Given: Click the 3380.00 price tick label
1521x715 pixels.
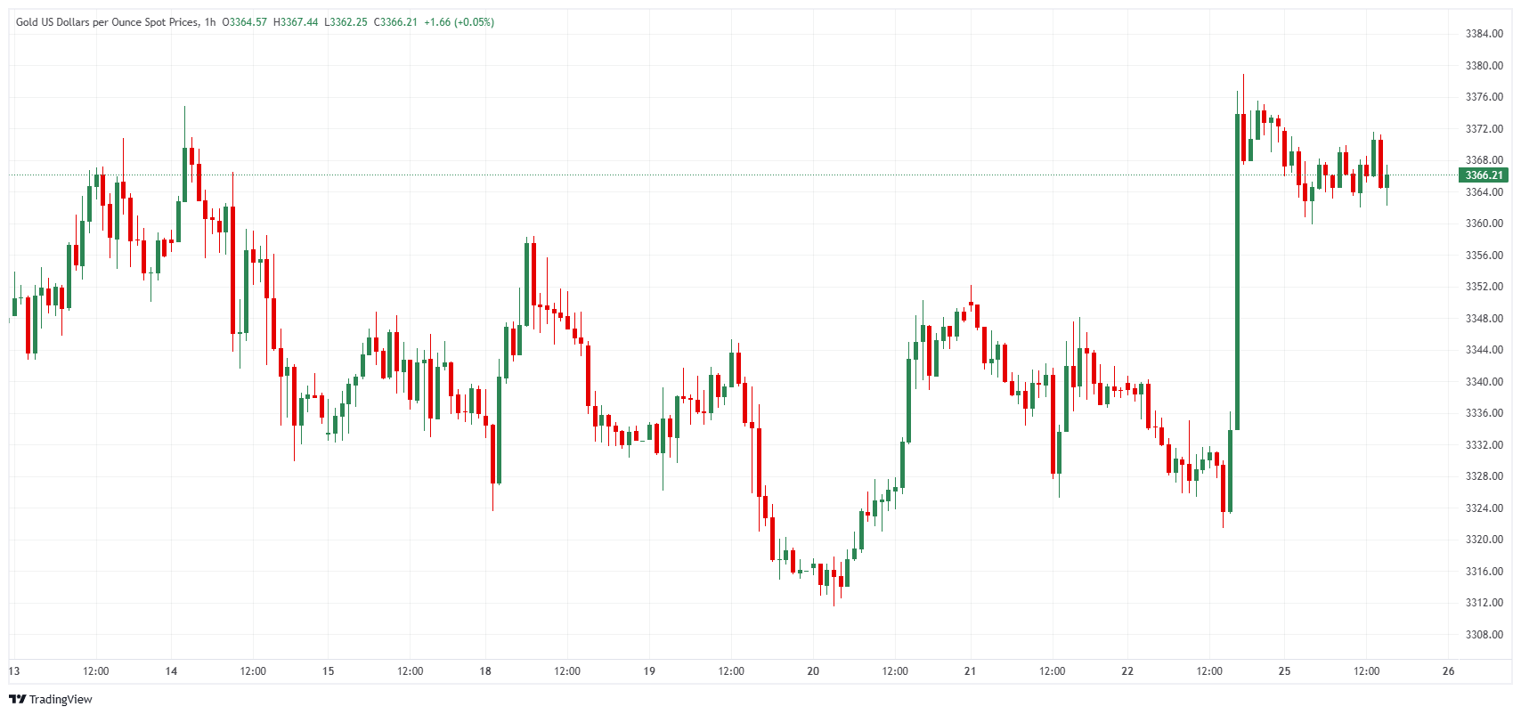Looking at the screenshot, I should click(1484, 66).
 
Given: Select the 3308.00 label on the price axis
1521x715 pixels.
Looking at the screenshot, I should click(1484, 635).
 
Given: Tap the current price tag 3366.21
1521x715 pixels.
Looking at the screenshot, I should click(1484, 175).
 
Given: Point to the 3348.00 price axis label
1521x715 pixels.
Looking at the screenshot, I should click(1484, 319).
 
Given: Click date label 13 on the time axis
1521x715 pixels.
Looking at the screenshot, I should click(14, 671).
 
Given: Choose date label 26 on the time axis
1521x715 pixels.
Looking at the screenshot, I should click(1448, 671).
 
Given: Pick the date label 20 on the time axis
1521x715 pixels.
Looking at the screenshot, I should click(813, 671).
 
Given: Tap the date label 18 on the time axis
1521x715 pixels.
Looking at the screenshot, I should click(485, 671).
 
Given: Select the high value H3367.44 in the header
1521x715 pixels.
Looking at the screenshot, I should click(296, 22).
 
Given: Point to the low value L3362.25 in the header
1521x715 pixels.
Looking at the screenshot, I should click(346, 22).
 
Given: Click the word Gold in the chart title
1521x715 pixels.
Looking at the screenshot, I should click(27, 22).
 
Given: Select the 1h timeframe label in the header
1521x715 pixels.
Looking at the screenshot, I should click(210, 22).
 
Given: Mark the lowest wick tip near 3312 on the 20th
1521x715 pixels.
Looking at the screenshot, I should click(834, 605).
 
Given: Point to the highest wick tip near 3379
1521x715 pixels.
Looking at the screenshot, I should click(1243, 76).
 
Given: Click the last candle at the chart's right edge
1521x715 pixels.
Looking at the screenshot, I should click(1387, 182).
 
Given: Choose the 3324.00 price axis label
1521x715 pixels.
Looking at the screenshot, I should click(1484, 508).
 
